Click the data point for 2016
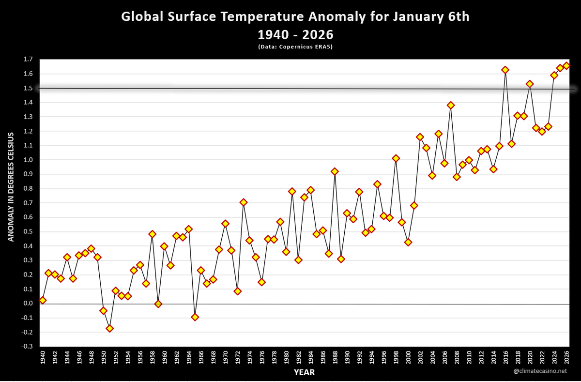click(505, 70)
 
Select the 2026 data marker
click(566, 65)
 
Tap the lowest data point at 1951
click(109, 328)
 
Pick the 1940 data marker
click(43, 300)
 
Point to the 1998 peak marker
click(396, 158)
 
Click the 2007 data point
click(450, 105)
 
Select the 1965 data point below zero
click(195, 317)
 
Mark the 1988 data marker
click(335, 171)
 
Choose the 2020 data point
click(529, 84)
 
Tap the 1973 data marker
click(244, 202)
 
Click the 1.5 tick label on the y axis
click(28, 88)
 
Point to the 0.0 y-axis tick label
click(28, 304)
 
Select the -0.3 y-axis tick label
click(27, 347)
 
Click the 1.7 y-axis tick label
click(28, 60)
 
